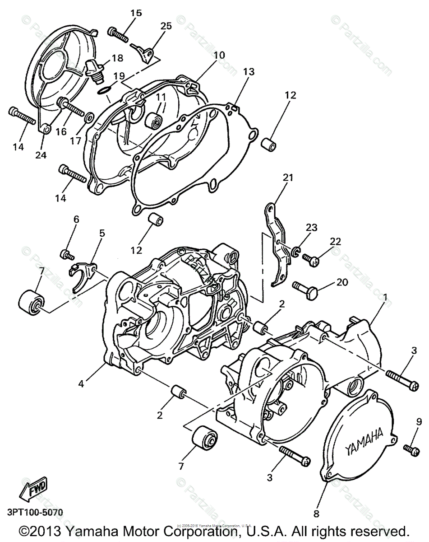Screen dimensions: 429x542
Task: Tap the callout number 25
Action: (x=166, y=26)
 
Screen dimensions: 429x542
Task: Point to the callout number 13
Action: (x=249, y=71)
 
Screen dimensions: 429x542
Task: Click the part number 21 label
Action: (x=287, y=178)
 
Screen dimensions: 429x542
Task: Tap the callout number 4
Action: (x=81, y=384)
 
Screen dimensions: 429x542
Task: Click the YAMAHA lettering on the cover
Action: (x=364, y=442)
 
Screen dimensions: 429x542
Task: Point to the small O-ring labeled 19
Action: (x=105, y=92)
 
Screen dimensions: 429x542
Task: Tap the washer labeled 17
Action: (x=89, y=118)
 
